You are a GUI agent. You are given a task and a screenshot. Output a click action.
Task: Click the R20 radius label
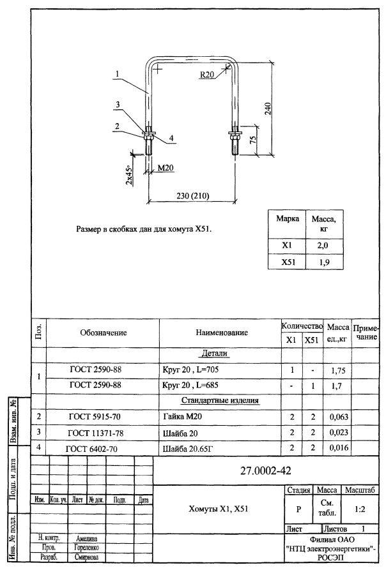pos(207,75)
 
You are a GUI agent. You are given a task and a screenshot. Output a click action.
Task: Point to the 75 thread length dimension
pos(253,140)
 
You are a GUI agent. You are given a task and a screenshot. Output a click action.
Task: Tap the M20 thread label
pos(166,168)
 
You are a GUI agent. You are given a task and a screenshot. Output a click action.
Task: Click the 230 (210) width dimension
pos(193,195)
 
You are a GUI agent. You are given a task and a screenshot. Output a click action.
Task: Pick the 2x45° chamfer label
pos(129,174)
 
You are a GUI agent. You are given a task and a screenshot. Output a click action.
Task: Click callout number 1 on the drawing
pos(118,74)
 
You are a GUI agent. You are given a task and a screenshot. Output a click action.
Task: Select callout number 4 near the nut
pos(171,138)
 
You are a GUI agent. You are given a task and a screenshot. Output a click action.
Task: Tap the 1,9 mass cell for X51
pos(324,262)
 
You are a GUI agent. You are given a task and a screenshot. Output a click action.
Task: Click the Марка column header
pos(288,218)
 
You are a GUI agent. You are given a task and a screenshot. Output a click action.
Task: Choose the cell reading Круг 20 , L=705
pos(190,370)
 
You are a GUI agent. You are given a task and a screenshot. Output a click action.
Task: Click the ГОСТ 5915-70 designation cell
pos(95,417)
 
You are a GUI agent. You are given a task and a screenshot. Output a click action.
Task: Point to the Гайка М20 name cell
pos(182,417)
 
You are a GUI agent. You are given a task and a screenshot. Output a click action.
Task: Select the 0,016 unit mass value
pos(339,447)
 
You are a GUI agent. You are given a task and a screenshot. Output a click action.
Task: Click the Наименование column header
pos(222,333)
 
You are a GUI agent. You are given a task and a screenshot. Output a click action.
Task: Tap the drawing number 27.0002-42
pos(266,471)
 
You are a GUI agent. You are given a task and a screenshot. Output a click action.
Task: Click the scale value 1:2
pos(360,509)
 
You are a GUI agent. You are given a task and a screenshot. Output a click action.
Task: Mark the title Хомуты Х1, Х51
pos(219,509)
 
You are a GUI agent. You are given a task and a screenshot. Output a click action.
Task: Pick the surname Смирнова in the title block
pos(86,557)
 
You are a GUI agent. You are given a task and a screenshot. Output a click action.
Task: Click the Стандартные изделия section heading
pos(220,400)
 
